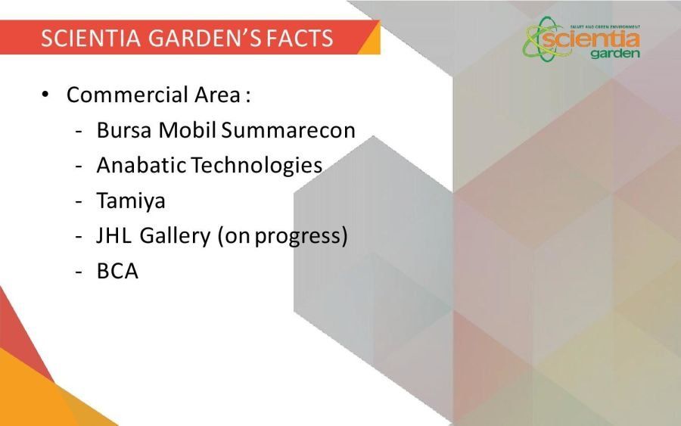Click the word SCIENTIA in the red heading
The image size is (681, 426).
click(91, 38)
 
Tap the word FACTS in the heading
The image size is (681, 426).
click(300, 38)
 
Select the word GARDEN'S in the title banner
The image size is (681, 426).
click(204, 38)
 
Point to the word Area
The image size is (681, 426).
click(217, 95)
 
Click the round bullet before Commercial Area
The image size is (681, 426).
click(45, 95)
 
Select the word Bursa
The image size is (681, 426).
click(124, 130)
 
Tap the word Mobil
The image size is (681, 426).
click(187, 130)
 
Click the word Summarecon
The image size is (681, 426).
click(288, 130)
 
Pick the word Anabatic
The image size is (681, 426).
click(141, 165)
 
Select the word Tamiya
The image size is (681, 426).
click(131, 201)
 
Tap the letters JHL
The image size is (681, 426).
click(113, 235)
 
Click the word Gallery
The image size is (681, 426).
click(175, 237)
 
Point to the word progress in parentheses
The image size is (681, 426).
click(299, 238)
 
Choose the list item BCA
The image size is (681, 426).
click(117, 271)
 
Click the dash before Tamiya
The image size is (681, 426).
click(79, 201)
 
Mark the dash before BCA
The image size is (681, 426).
click(79, 272)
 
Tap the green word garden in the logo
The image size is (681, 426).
click(615, 54)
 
